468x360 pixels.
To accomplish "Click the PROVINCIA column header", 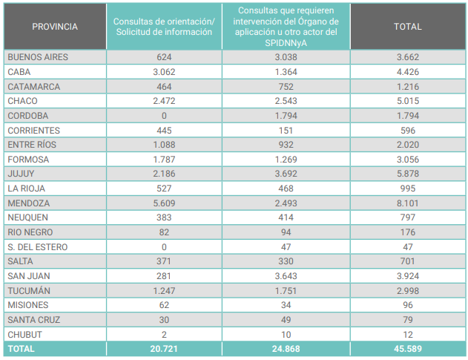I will [55, 27].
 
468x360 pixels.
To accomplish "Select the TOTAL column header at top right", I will [407, 27].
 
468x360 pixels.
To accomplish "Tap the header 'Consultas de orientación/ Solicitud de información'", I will [163, 27].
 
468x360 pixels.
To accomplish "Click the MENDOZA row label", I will [28, 203].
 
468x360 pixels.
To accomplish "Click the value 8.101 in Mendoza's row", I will [407, 203].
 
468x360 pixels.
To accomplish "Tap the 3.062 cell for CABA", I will [163, 71].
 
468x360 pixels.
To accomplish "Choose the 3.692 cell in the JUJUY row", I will [286, 173].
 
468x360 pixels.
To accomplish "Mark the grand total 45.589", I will [407, 348].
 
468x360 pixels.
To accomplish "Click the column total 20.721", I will [163, 348].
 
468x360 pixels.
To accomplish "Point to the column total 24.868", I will [286, 348].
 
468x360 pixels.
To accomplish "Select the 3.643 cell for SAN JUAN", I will [286, 275].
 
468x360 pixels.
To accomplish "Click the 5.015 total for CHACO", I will [407, 100].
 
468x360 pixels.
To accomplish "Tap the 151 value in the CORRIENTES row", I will [286, 130].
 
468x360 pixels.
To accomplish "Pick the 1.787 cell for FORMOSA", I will [163, 159].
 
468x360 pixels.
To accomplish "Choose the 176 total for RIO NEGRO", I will [407, 232].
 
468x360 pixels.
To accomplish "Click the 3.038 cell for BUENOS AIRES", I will [286, 57].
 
